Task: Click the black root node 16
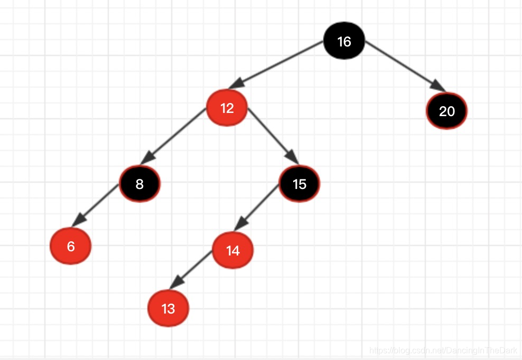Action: (x=344, y=41)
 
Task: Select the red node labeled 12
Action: (x=227, y=108)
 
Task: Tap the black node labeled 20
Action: (x=447, y=111)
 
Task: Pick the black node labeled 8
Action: (x=139, y=184)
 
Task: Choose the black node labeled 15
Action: (x=300, y=184)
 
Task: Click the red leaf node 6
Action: (x=71, y=246)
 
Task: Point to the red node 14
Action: (x=233, y=251)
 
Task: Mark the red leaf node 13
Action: (x=168, y=308)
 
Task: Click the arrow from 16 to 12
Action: (x=280, y=64)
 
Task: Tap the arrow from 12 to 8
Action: (x=174, y=135)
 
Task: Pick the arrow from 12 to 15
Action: (x=273, y=135)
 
